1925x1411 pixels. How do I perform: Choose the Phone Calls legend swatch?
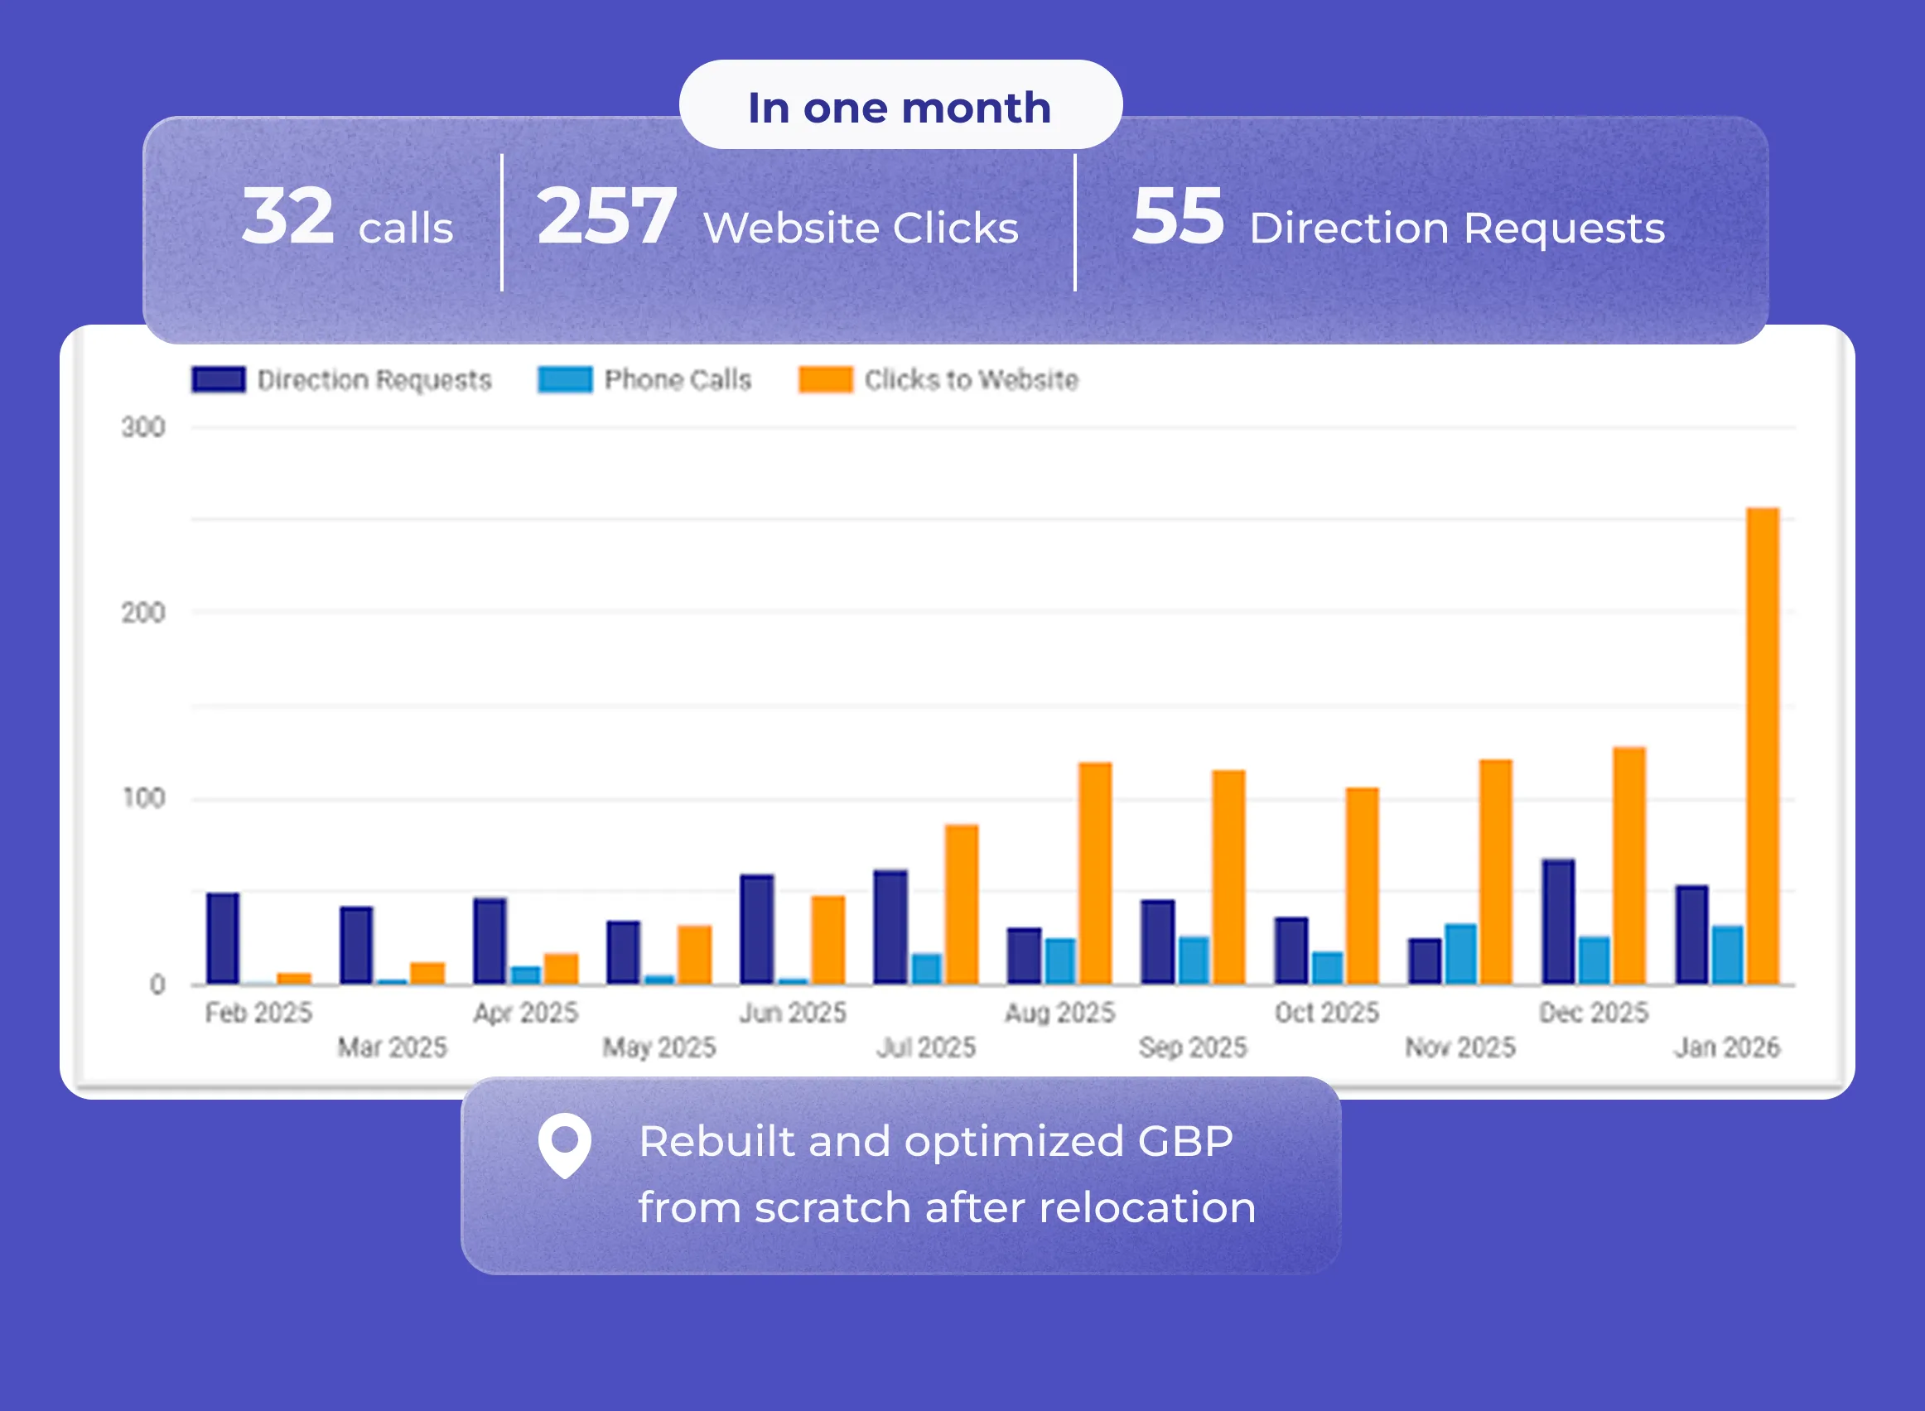point(564,379)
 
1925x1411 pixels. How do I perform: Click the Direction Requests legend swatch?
point(219,379)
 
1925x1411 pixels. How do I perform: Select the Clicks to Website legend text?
point(971,379)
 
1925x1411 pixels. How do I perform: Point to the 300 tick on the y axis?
point(142,427)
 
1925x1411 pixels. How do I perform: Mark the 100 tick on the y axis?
point(142,798)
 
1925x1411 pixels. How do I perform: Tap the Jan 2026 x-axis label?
point(1726,1047)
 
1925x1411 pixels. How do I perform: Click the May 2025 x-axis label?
point(659,1047)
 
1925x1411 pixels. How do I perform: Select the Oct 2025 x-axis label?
point(1326,1012)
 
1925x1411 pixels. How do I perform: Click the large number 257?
point(606,217)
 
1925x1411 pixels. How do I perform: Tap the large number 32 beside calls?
point(287,217)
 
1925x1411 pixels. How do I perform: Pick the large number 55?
point(1177,217)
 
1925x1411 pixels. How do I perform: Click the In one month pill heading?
point(900,108)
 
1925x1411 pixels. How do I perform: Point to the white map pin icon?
point(564,1144)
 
